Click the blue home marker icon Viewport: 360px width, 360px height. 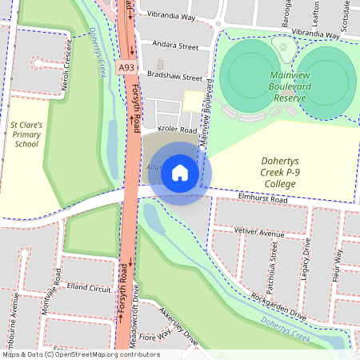pyautogui.click(x=181, y=173)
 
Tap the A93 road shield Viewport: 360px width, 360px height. pyautogui.click(x=126, y=70)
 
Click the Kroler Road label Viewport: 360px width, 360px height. pyautogui.click(x=177, y=130)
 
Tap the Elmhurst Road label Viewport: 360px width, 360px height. pyautogui.click(x=262, y=201)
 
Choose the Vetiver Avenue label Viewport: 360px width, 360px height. pyautogui.click(x=260, y=233)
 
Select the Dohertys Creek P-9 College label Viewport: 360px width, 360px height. pyautogui.click(x=278, y=172)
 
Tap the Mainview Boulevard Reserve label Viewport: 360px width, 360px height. pyautogui.click(x=278, y=86)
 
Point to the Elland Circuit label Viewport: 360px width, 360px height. pyautogui.click(x=90, y=286)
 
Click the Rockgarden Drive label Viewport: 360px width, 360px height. pyautogui.click(x=278, y=305)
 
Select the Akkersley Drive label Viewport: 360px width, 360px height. pyautogui.click(x=178, y=326)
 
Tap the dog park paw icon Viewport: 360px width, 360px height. pyautogui.click(x=282, y=47)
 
